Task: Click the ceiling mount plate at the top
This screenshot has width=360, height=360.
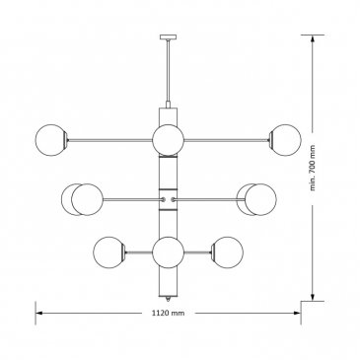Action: point(168,36)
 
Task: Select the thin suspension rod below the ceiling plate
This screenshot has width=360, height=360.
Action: point(168,71)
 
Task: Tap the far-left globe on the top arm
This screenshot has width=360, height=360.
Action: point(50,140)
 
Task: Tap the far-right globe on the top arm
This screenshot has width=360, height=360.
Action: point(285,140)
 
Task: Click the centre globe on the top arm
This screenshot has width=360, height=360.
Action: point(168,140)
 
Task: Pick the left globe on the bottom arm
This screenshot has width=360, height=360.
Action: point(109,252)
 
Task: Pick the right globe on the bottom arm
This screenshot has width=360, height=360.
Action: point(228,252)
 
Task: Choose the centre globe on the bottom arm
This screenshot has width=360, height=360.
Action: point(168,252)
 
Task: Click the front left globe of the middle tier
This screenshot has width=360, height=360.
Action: point(87,199)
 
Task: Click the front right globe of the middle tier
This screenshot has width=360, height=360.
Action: point(260,199)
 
